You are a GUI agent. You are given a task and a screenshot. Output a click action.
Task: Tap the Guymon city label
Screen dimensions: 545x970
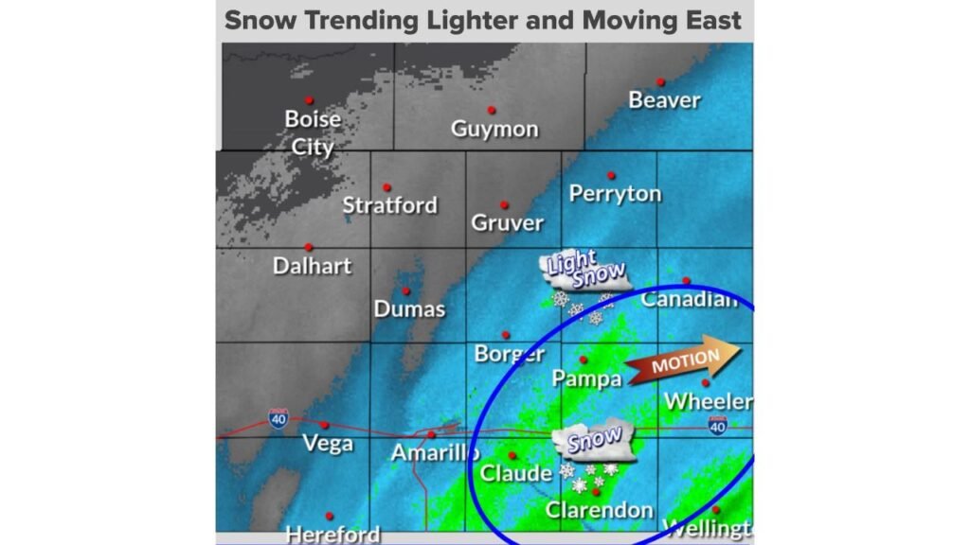click(494, 130)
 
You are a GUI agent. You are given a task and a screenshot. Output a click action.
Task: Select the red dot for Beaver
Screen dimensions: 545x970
click(660, 82)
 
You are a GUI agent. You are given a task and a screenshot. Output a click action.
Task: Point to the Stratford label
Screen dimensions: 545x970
click(389, 205)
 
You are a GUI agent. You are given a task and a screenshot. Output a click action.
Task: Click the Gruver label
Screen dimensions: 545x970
click(508, 223)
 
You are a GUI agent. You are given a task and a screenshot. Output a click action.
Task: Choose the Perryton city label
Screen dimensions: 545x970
click(615, 194)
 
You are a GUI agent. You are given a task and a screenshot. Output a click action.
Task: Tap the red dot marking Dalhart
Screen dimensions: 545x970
click(309, 247)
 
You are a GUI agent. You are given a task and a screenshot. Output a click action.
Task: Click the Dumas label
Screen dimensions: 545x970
click(409, 308)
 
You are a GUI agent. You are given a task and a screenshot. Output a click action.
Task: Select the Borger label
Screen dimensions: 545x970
click(509, 355)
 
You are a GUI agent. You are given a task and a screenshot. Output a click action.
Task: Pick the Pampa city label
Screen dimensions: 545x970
click(587, 378)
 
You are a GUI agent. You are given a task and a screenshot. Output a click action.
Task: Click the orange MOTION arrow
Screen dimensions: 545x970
click(683, 361)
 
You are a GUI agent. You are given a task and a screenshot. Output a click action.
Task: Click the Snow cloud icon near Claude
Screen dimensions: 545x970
click(595, 442)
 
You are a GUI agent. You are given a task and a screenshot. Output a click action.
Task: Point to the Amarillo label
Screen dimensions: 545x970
click(435, 454)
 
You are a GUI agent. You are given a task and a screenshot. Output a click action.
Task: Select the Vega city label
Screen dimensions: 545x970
click(328, 444)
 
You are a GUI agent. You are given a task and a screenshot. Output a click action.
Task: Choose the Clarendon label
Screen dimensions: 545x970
click(599, 511)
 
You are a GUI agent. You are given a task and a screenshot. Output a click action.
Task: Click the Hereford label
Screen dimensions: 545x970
click(332, 535)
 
